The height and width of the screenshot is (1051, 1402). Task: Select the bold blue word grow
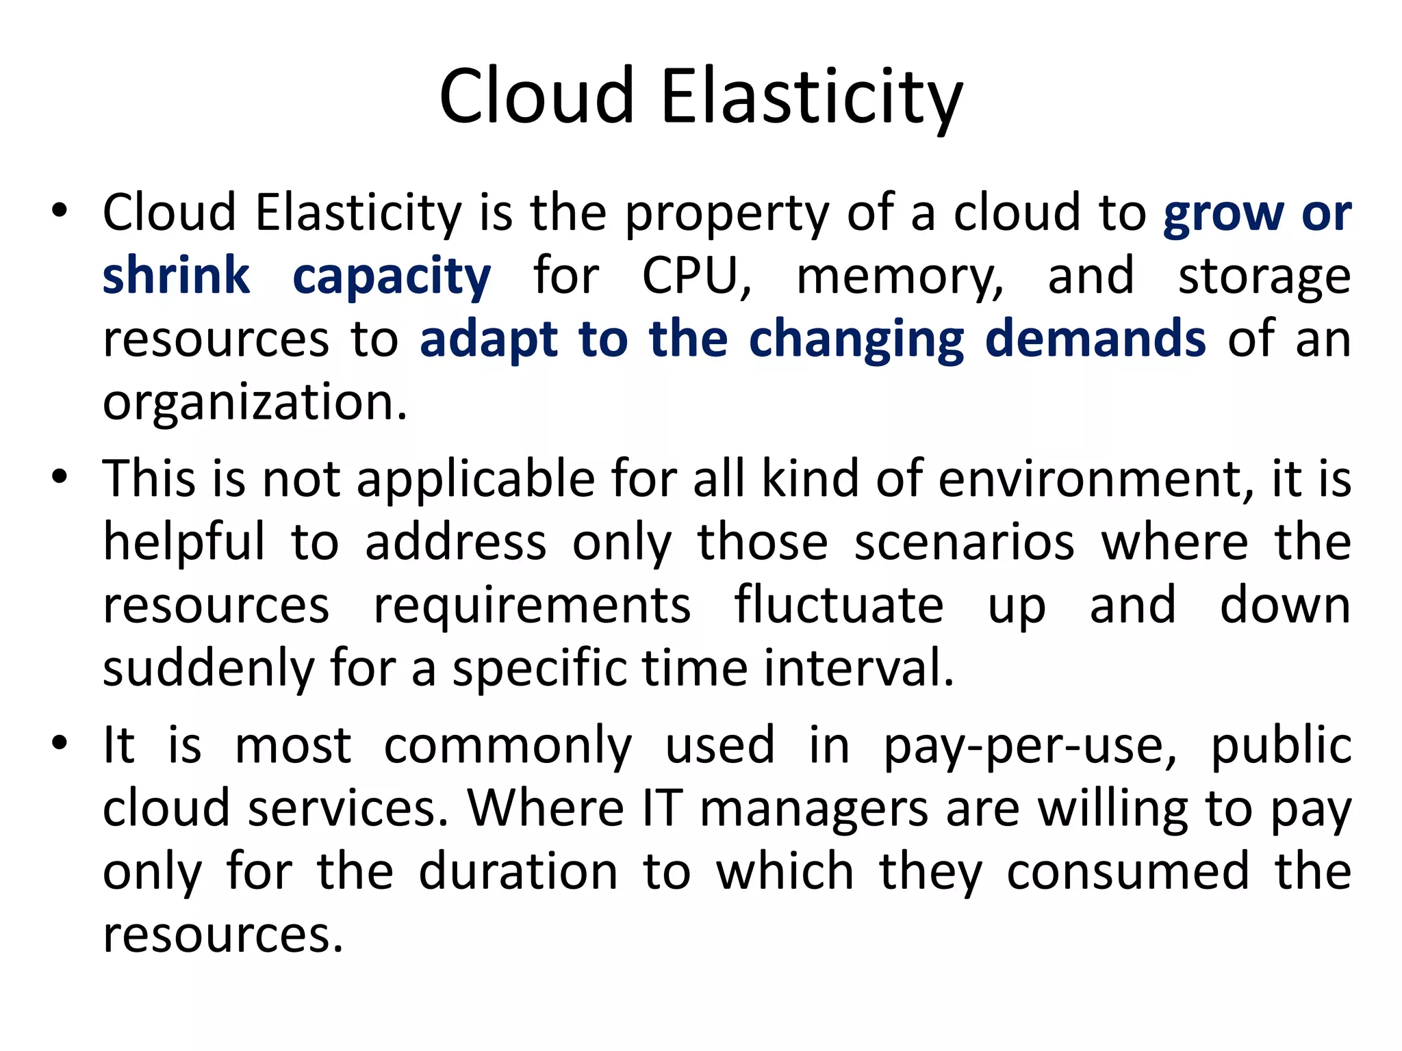tap(1223, 213)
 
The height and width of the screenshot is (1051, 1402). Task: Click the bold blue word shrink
tap(176, 276)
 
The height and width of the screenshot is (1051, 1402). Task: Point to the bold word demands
tap(1095, 339)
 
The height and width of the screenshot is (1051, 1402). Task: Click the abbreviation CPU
tap(696, 276)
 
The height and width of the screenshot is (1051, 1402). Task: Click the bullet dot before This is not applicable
tap(60, 476)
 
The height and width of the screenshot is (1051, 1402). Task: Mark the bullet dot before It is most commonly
tap(60, 742)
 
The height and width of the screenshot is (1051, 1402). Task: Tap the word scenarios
tap(964, 542)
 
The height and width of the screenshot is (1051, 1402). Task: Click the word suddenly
tap(208, 669)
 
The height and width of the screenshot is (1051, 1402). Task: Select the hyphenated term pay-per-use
tap(1029, 746)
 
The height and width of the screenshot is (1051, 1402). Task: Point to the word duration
tap(518, 872)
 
